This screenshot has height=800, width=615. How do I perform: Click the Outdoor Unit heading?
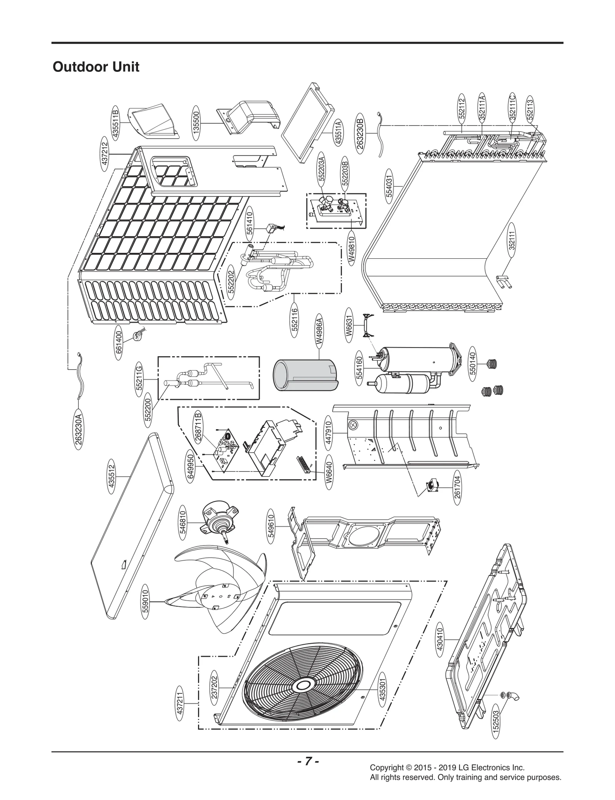click(x=96, y=67)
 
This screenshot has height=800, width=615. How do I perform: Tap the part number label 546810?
click(x=183, y=522)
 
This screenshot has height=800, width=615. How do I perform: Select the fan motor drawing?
click(x=217, y=523)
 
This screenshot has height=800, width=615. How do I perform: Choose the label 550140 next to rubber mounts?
click(x=473, y=363)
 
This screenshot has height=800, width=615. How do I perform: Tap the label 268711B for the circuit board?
click(x=198, y=426)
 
